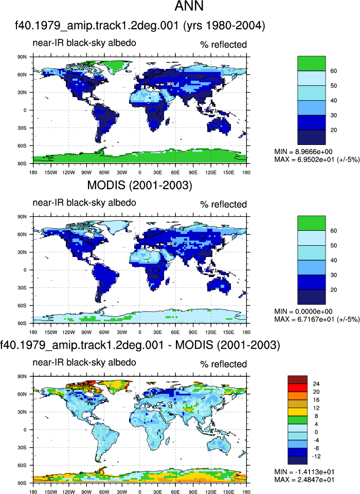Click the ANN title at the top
point(189,6)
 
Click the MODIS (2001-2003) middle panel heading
point(140,185)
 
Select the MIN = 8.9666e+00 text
point(303,152)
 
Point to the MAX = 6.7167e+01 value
point(317,319)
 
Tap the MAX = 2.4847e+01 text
point(304,480)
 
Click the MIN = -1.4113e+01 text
point(304,472)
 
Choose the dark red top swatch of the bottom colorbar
point(297,380)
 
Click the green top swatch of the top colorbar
point(312,63)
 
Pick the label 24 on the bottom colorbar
point(316,383)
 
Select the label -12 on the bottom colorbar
point(316,456)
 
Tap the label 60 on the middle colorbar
point(334,231)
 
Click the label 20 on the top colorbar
point(334,130)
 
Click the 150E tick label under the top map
point(228,172)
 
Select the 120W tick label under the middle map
point(69,332)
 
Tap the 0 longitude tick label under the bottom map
point(140,492)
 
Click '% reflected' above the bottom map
point(224,364)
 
